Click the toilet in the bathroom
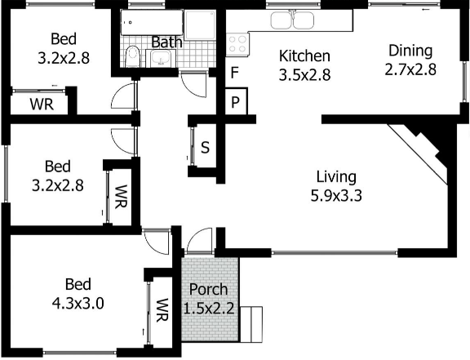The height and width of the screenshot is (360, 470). coord(132,56)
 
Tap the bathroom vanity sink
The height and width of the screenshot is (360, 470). coord(160,58)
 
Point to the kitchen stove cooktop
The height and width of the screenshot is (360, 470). coord(237,43)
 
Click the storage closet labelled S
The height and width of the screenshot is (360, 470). coord(205,148)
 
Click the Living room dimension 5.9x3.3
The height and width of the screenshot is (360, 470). coord(336,195)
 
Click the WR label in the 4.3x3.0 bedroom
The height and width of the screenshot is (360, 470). coord(162,309)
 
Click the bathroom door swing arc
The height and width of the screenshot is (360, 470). coord(193,82)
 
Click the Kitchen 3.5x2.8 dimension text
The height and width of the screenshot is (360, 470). coord(304,73)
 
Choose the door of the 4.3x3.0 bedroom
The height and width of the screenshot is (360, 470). coord(155,240)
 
